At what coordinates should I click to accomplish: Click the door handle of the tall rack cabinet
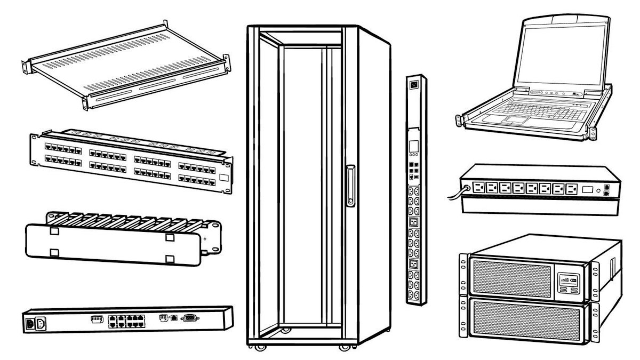(x=350, y=185)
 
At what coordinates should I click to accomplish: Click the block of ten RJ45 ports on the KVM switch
(x=126, y=321)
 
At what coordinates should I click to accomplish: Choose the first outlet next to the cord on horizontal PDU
(x=478, y=188)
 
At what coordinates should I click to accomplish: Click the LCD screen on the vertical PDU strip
(x=413, y=146)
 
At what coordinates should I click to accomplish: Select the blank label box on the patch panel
(x=224, y=178)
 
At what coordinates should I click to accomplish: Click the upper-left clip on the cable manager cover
(x=54, y=232)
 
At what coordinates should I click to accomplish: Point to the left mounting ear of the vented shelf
(x=25, y=66)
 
